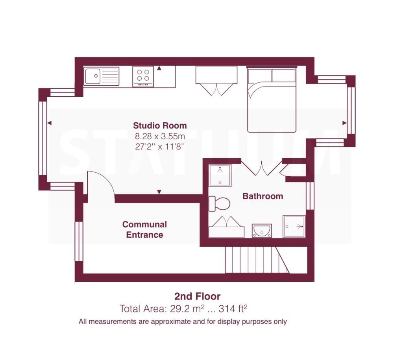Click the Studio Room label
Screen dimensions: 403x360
pos(160,126)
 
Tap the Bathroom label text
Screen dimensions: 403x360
pos(263,196)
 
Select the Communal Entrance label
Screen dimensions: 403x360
pos(144,229)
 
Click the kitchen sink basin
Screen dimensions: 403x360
pos(92,76)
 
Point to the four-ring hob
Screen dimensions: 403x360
pos(143,76)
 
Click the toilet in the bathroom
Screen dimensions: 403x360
pos(219,204)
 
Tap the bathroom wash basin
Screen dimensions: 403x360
pos(262,231)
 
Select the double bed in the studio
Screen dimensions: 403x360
pos(272,100)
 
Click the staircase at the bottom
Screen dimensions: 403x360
pos(257,260)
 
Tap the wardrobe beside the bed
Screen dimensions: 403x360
pos(216,81)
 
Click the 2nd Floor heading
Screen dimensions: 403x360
pos(198,296)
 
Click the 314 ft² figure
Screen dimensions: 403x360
pos(233,308)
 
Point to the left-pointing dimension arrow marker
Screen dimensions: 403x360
pos(49,123)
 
